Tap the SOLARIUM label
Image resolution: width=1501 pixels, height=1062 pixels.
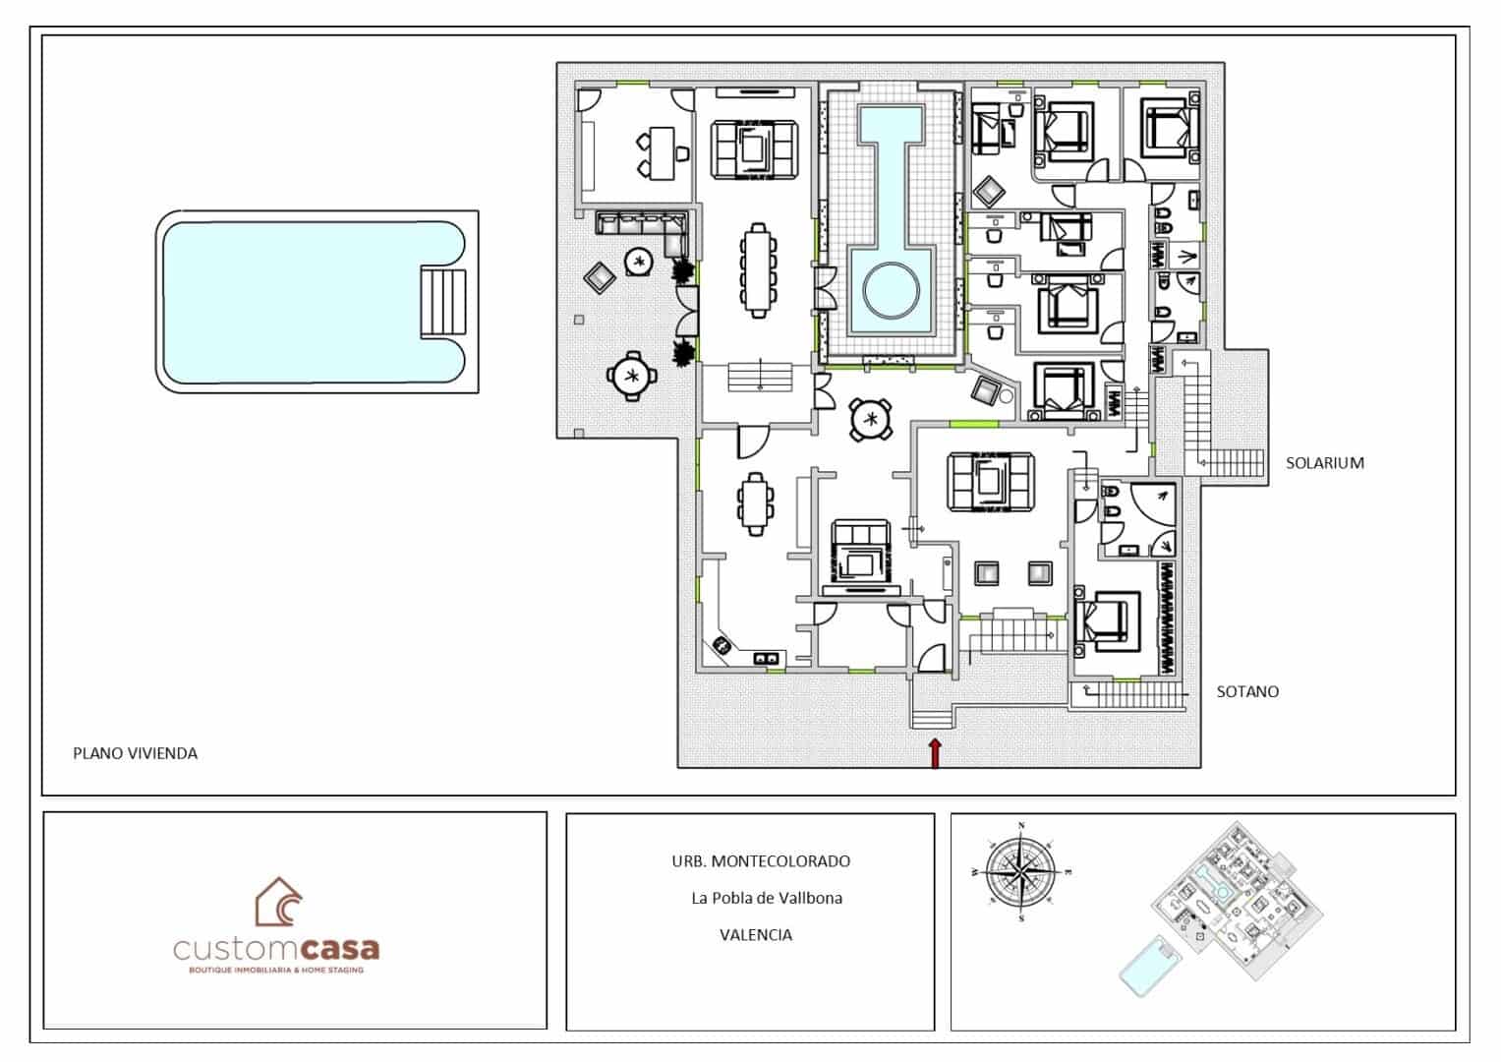tap(1324, 463)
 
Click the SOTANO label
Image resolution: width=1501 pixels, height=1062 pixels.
tap(1247, 691)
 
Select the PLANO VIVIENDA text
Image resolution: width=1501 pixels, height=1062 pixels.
tap(135, 753)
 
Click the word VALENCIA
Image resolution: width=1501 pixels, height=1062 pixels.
tap(756, 935)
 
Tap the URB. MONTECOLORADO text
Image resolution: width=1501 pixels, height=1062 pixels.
tap(761, 861)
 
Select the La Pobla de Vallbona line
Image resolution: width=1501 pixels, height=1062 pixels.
tap(766, 898)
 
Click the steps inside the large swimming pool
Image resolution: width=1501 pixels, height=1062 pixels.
tap(442, 302)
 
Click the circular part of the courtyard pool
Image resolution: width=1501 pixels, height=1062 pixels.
tap(891, 291)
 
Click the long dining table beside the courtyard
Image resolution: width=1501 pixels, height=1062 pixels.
tap(757, 271)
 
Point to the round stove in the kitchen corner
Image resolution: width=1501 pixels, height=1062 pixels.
tap(722, 646)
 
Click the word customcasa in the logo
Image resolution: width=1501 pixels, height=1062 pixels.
tap(276, 950)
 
